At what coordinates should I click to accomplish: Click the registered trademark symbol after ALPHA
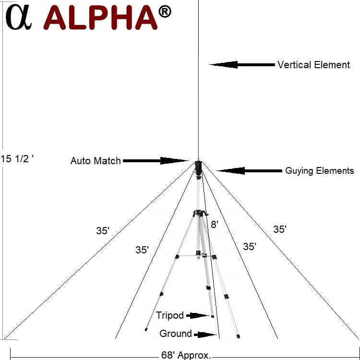click(165, 12)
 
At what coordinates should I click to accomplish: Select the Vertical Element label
click(313, 65)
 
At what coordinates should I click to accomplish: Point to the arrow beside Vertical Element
click(242, 65)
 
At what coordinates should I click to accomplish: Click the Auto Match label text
click(96, 161)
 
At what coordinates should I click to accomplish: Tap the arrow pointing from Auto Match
click(156, 161)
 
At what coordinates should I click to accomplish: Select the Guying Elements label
click(319, 171)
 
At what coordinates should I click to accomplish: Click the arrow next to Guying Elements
click(249, 170)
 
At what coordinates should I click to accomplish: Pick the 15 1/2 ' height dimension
click(17, 159)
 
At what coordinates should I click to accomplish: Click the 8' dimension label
click(215, 224)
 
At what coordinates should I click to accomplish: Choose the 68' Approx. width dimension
click(186, 355)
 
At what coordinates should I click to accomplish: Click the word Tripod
click(169, 315)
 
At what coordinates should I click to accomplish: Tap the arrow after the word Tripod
click(197, 316)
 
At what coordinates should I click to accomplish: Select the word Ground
click(176, 334)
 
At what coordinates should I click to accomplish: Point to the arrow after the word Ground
click(205, 335)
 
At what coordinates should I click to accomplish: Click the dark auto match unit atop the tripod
click(198, 167)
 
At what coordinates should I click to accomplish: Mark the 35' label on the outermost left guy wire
click(103, 231)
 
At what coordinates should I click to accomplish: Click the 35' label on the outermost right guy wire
click(280, 229)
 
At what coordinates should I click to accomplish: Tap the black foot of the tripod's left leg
click(146, 330)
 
